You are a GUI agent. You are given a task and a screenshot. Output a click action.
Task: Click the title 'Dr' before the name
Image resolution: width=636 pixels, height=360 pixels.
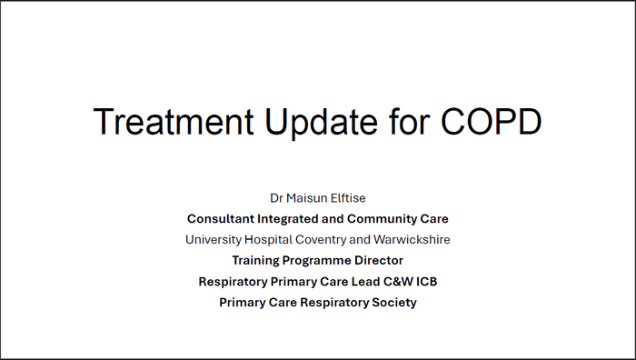277,197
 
